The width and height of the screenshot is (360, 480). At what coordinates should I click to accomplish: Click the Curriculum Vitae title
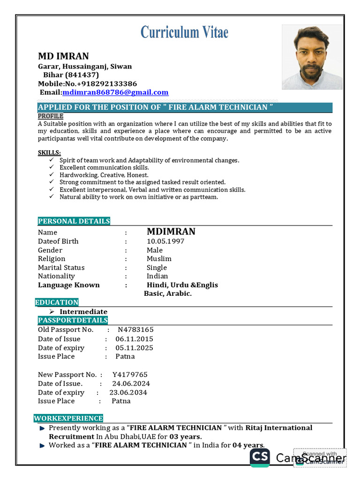click(x=184, y=32)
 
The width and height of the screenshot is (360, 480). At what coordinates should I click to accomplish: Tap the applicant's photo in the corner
click(x=312, y=57)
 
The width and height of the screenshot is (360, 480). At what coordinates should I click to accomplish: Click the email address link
click(x=115, y=92)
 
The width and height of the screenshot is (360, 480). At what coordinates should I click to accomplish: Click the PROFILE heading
click(x=51, y=116)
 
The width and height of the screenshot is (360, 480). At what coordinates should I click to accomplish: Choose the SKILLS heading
click(x=49, y=153)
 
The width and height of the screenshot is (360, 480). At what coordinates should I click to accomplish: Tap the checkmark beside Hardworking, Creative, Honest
click(x=51, y=175)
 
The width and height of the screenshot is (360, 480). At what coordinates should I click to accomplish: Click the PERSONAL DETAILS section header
click(x=74, y=221)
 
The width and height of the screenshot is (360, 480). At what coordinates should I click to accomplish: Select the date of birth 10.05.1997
click(x=165, y=241)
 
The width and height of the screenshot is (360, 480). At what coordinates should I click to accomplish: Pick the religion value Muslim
click(x=159, y=259)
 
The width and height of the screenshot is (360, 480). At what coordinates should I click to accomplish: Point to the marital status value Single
click(x=157, y=268)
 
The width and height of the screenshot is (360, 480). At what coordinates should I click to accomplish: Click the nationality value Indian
click(x=157, y=276)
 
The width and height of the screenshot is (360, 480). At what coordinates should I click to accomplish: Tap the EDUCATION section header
click(x=57, y=302)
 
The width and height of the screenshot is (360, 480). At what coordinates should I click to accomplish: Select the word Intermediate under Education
click(x=83, y=312)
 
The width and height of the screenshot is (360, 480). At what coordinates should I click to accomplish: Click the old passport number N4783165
click(x=135, y=330)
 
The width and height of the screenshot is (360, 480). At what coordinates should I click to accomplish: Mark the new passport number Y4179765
click(x=130, y=375)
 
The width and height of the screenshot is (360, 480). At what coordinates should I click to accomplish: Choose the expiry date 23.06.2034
click(x=128, y=392)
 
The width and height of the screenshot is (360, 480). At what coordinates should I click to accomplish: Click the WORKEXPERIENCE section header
click(x=68, y=418)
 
